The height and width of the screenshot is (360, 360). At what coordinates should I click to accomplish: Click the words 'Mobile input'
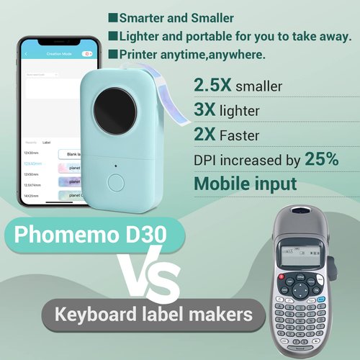point(246,184)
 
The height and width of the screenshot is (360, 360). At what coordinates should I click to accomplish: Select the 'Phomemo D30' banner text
point(89,235)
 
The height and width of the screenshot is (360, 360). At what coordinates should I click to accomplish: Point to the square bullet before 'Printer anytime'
point(113,53)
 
